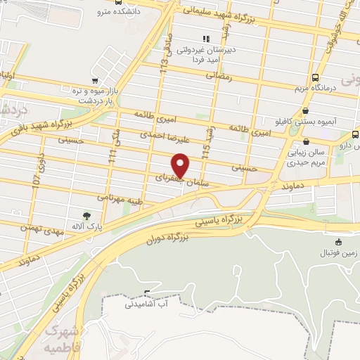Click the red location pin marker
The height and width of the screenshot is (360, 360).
[181, 166]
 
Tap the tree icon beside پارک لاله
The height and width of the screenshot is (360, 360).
[86, 216]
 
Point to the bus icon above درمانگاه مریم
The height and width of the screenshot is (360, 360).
[314, 77]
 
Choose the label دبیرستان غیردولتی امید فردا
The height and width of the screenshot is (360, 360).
[205, 56]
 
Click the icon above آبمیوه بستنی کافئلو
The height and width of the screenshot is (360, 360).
[304, 110]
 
